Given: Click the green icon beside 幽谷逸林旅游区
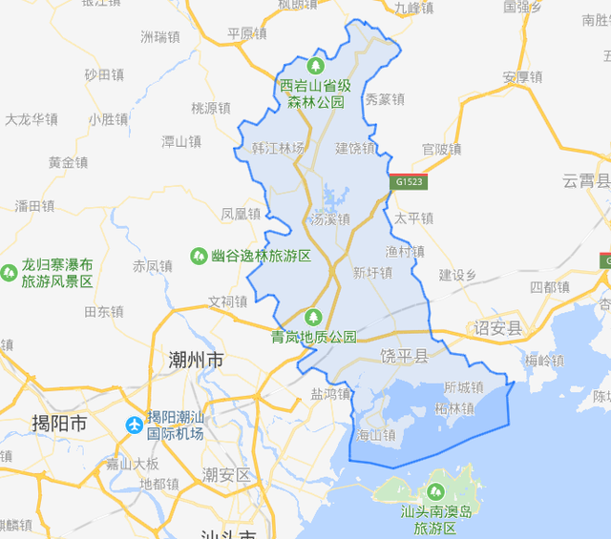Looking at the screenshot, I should click(x=199, y=256).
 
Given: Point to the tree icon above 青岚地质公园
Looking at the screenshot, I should click(x=312, y=318).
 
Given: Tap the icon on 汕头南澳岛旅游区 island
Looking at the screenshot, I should click(x=436, y=492).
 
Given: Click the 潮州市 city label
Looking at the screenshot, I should click(x=195, y=361).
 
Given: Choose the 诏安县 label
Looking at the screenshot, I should click(x=498, y=328).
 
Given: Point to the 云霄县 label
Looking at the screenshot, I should click(x=584, y=181).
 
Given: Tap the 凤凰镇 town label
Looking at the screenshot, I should click(x=241, y=215).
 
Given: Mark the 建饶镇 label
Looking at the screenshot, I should click(x=355, y=148).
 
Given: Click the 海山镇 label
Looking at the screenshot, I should click(x=375, y=435).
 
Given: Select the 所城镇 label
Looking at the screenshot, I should click(x=464, y=387).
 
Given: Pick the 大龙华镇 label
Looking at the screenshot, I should click(x=32, y=119).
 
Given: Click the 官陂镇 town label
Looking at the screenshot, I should click(x=442, y=149).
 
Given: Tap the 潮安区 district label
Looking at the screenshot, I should click(x=226, y=474).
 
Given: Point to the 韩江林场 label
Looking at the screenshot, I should click(x=278, y=148).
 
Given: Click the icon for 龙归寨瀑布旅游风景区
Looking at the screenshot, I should click(x=9, y=273).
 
